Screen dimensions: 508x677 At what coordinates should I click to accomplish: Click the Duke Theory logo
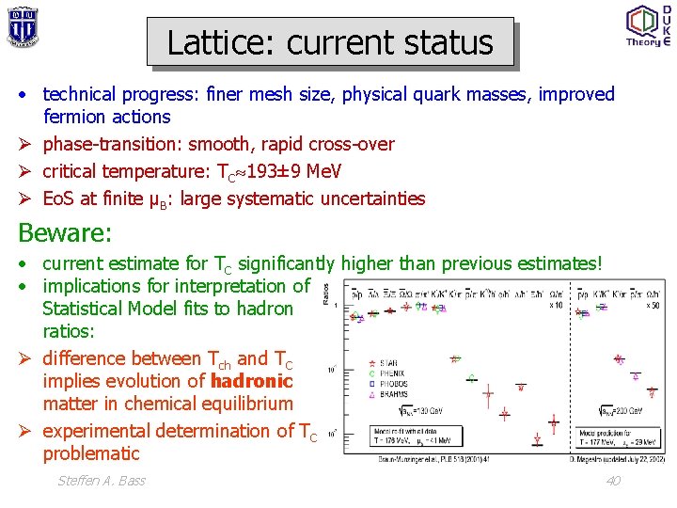coord(648,25)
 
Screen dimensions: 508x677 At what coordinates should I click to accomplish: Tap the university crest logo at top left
coord(22,25)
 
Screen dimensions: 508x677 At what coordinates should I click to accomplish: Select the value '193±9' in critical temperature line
coord(274,171)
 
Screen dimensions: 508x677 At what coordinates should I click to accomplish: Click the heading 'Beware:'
coord(65,231)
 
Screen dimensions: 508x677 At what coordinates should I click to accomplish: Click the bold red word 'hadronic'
coord(252,381)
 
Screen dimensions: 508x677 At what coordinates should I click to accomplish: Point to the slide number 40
coord(612,481)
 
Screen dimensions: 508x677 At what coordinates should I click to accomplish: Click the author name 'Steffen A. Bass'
coord(102,481)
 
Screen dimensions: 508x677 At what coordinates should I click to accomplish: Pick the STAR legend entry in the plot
coord(387,363)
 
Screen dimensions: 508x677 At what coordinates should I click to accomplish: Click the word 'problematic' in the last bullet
coord(91,453)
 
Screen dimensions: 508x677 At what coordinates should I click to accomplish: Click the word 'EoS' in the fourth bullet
coord(59,198)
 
